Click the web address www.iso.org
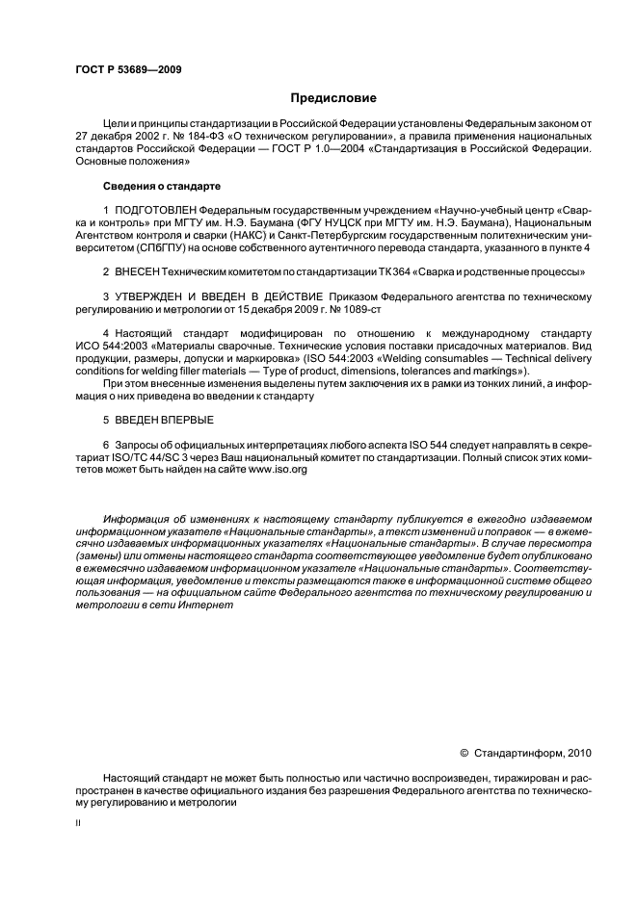(279, 470)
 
